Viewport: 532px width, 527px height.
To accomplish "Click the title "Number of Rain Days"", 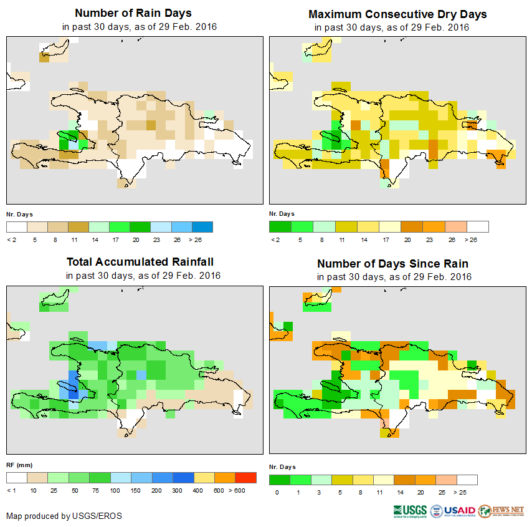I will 133,13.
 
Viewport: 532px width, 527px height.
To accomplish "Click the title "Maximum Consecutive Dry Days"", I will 397,14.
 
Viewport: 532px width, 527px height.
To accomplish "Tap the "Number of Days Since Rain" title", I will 392,263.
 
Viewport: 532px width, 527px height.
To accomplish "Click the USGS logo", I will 409,511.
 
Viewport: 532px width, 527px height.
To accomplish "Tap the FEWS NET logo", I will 502,511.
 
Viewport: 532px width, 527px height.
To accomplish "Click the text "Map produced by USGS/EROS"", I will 64,516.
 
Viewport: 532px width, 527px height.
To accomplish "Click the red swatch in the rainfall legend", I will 245,478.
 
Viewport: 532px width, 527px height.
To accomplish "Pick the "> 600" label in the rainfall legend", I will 247,491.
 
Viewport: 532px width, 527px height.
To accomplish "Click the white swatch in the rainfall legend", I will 17,478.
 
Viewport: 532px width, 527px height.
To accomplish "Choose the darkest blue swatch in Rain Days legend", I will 202,226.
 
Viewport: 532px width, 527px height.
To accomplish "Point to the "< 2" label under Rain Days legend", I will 11,239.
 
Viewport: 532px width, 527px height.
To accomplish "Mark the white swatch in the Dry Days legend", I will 478,226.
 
